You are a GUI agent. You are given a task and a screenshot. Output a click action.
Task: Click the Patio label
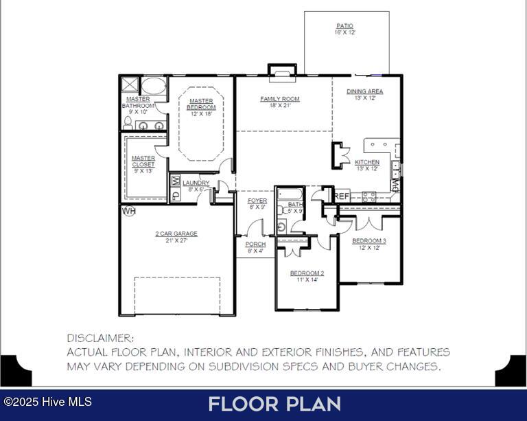[x=345, y=26]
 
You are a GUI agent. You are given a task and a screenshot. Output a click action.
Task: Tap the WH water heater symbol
[x=129, y=211]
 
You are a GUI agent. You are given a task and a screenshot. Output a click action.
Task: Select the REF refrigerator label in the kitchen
[x=342, y=196]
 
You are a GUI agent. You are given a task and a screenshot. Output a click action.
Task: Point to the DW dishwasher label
[x=395, y=185]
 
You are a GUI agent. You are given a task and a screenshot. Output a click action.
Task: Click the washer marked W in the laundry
[x=176, y=181]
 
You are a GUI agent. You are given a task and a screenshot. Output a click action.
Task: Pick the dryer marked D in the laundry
[x=176, y=194]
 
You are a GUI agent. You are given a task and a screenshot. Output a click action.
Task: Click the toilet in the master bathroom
[x=128, y=123]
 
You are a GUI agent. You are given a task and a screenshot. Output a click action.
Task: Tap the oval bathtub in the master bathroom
[x=154, y=86]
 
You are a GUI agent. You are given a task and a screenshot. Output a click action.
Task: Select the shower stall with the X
[x=130, y=84]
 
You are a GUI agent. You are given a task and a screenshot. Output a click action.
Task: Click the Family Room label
[x=280, y=99]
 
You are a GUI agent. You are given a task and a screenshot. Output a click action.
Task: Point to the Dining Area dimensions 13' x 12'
[x=364, y=98]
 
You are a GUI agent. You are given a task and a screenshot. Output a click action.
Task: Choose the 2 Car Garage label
[x=176, y=234]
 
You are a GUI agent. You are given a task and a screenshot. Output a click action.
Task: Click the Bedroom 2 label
[x=307, y=273]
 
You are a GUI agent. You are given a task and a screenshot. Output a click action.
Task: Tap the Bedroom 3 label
[x=369, y=241]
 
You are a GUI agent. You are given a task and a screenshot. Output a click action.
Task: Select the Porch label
[x=255, y=244]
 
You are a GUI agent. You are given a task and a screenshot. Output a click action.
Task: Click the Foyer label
[x=257, y=201]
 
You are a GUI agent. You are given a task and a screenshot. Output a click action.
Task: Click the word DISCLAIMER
[x=100, y=338]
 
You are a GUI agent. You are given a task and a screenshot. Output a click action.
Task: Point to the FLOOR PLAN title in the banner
[x=274, y=404]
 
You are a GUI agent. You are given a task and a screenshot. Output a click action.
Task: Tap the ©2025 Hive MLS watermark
[x=47, y=402]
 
